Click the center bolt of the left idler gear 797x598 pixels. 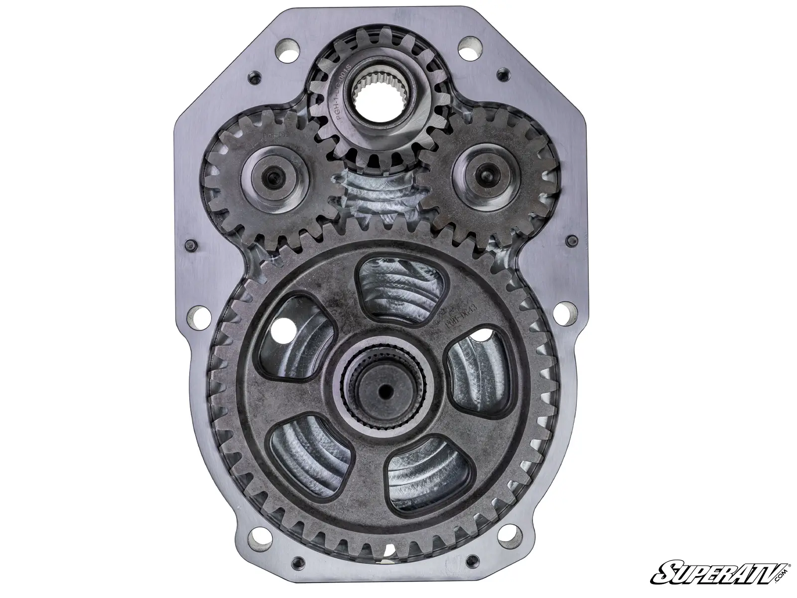[x=273, y=176]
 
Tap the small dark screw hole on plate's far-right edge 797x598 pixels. [x=567, y=242]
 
